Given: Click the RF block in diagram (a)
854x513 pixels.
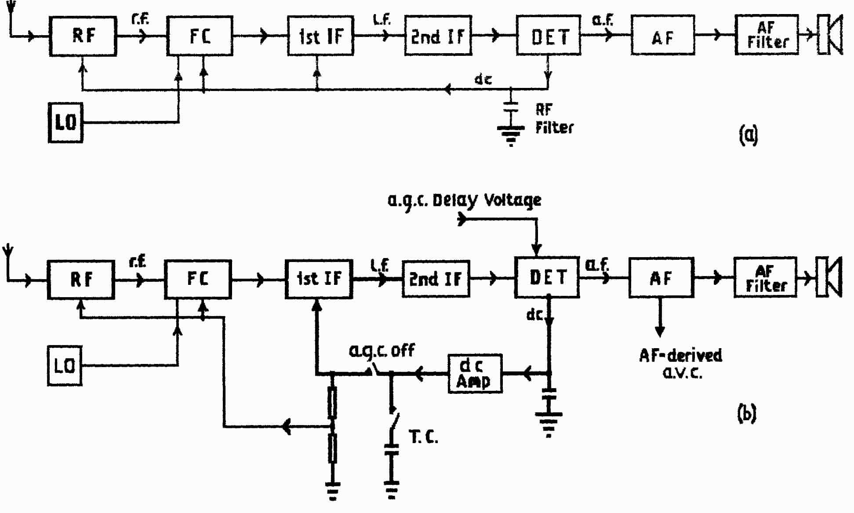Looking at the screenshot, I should [x=83, y=36].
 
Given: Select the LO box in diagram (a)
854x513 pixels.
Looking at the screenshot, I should [x=65, y=122].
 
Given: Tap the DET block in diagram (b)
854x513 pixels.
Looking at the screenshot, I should [x=547, y=277].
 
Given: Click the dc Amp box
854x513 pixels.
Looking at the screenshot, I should [x=475, y=373].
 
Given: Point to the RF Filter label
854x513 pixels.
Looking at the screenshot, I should [x=554, y=119].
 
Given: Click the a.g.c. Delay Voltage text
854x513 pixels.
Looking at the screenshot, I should [x=464, y=200].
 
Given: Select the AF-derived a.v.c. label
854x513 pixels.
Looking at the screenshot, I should [x=681, y=364].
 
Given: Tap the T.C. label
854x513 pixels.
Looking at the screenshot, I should [x=423, y=437].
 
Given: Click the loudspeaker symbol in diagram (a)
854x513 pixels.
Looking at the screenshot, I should [x=830, y=35].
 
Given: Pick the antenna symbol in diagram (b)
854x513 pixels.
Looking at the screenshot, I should [x=8, y=255].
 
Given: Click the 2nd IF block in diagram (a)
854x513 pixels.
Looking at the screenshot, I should [x=438, y=36].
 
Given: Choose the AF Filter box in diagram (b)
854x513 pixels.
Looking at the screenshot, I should [x=765, y=278].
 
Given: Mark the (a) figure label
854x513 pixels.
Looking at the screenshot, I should [x=748, y=135].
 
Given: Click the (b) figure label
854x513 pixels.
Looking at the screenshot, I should [x=746, y=413].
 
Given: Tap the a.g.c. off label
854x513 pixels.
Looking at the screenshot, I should [x=382, y=350].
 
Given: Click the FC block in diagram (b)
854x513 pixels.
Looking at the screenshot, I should [x=198, y=279].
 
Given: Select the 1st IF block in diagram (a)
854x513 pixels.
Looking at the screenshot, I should [x=320, y=36].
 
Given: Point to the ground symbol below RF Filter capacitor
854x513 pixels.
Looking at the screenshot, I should [x=511, y=135].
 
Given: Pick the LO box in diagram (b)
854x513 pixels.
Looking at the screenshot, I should [x=65, y=366].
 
